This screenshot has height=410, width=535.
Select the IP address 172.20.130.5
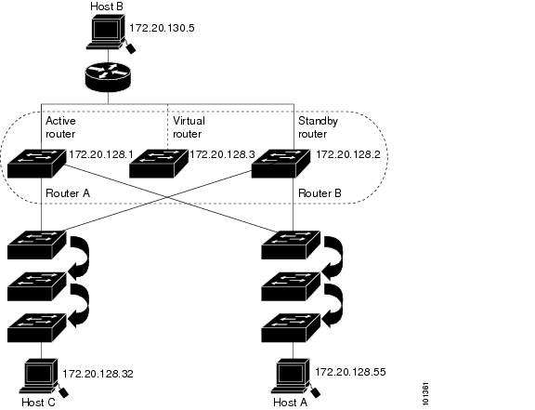tap(162, 28)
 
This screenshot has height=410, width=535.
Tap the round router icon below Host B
tap(108, 77)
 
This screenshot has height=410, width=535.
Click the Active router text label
tap(60, 127)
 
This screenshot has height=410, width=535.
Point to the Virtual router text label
tap(189, 127)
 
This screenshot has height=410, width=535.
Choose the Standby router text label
tap(318, 127)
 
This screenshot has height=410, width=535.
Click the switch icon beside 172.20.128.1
tap(36, 164)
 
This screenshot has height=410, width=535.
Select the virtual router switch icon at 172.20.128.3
tap(159, 164)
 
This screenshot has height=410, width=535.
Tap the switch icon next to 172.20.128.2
tap(281, 164)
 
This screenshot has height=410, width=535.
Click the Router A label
tap(68, 193)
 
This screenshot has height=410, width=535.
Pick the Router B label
tap(320, 193)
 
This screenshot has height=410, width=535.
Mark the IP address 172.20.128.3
tap(222, 154)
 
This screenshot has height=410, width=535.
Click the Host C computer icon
tap(44, 377)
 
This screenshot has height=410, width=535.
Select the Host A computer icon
tap(295, 377)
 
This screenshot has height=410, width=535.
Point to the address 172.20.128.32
tap(98, 374)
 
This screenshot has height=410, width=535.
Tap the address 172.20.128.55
tap(350, 372)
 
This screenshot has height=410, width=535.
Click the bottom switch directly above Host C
tap(37, 328)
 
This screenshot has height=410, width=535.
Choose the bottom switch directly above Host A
tap(291, 328)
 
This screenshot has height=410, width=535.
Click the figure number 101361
tap(425, 394)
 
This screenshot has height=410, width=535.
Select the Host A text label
tap(290, 403)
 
